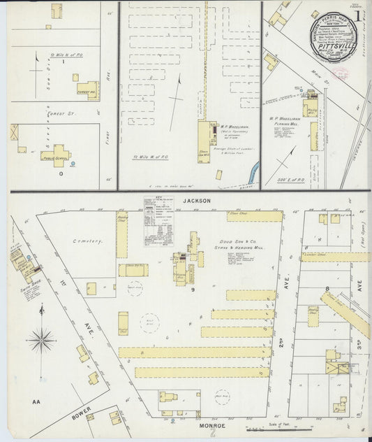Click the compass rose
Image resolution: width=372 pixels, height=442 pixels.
(41, 341)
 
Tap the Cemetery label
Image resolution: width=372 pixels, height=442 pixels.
(88, 241)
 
